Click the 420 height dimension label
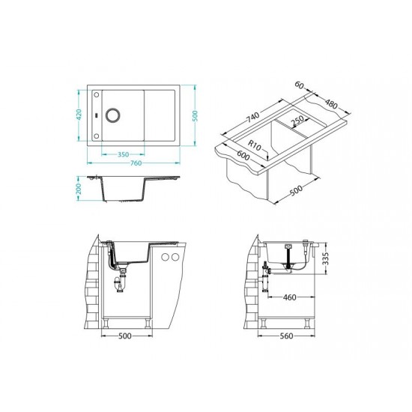click(79, 115)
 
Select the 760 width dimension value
click(136, 163)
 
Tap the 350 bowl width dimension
click(123, 154)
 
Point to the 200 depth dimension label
click(79, 189)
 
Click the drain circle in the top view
click(113, 115)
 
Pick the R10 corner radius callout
click(255, 145)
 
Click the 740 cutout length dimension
click(252, 117)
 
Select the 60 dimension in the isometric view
click(299, 85)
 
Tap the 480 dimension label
click(331, 103)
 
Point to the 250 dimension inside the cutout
click(297, 121)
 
